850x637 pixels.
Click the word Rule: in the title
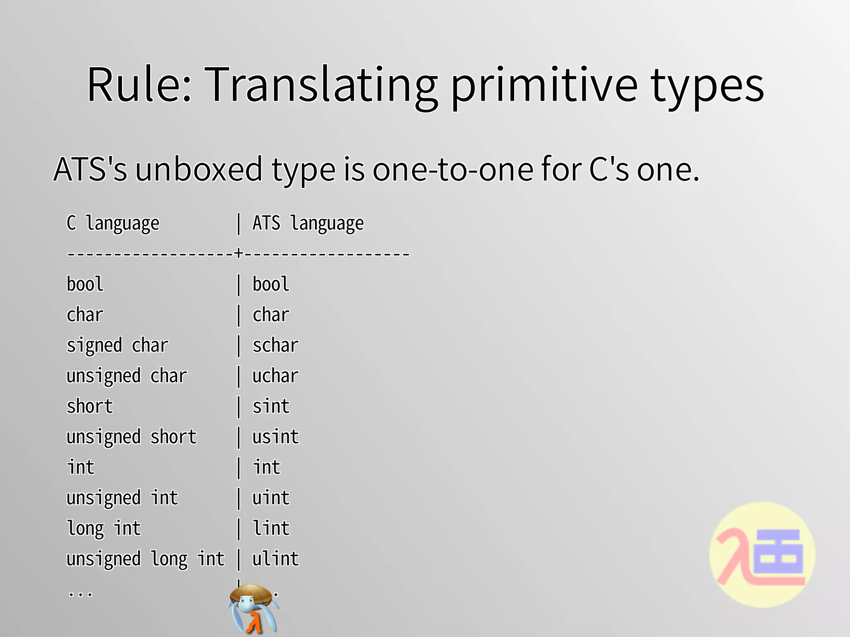139,85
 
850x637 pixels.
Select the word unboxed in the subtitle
199,170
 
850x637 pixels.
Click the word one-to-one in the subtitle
453,170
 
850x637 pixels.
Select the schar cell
276,345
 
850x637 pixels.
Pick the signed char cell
117,345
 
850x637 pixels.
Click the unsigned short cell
132,437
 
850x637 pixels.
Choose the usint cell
276,437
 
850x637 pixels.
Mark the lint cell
271,528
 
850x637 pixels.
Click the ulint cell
276,559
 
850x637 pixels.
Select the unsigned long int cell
145,559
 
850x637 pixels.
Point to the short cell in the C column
90,406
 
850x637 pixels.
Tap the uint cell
271,498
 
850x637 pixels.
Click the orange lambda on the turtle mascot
254,622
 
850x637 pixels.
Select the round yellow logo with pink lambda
762,555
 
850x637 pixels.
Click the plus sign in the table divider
238,253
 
